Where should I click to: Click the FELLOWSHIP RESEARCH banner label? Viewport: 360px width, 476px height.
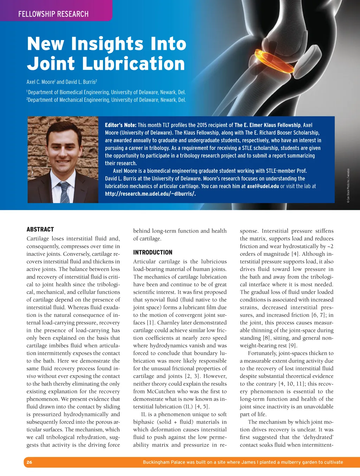pos(53,14)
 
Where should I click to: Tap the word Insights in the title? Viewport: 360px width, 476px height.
pos(108,44)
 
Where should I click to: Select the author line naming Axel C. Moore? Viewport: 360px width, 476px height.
pos(62,82)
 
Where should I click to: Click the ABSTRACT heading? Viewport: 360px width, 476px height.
pos(40,229)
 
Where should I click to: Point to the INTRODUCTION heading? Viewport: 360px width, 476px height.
pos(153,252)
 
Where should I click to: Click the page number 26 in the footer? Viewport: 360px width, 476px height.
pos(29,462)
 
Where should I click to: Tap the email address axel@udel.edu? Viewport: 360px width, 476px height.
pos(263,186)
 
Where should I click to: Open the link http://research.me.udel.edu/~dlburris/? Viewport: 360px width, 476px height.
pos(150,194)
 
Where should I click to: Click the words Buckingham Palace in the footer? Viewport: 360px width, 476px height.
pos(164,462)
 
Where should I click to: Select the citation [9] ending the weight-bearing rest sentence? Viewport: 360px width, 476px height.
pos(292,346)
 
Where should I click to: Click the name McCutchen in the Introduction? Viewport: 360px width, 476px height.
pos(162,391)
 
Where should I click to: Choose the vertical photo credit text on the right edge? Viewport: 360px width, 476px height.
pos(348,184)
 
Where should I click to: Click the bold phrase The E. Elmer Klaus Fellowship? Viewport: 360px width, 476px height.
pos(268,125)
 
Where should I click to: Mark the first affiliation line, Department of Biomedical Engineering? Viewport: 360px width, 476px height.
pos(106,92)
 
